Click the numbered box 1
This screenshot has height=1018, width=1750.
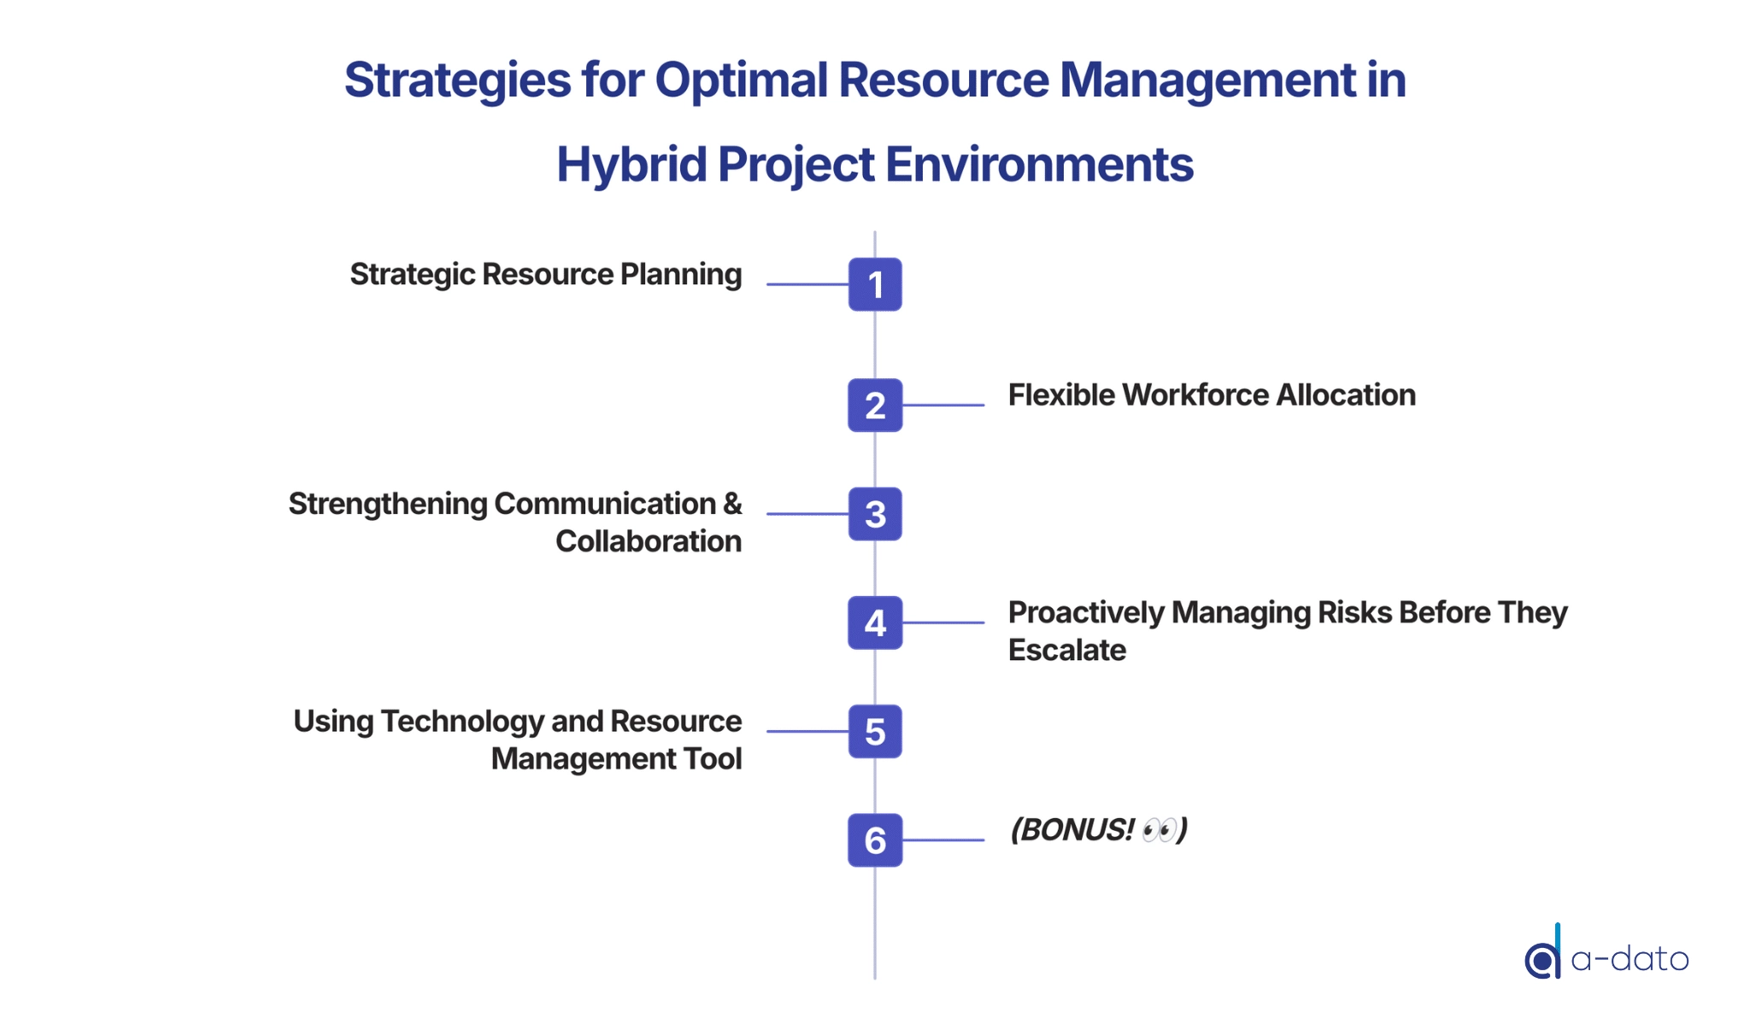875,284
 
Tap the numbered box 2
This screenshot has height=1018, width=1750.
875,405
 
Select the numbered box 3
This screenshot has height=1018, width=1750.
875,514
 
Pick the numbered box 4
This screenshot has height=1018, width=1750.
875,623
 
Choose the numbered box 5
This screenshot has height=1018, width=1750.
875,731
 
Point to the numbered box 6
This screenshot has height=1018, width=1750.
875,840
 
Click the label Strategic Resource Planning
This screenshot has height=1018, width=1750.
546,275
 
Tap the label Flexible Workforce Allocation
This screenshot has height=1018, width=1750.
1212,395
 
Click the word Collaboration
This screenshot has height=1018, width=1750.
649,541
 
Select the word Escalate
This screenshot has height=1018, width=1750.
1067,650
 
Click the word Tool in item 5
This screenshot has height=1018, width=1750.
712,758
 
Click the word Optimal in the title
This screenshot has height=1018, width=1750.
742,80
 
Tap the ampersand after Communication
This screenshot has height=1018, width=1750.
732,504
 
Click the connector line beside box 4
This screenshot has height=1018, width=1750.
943,623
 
